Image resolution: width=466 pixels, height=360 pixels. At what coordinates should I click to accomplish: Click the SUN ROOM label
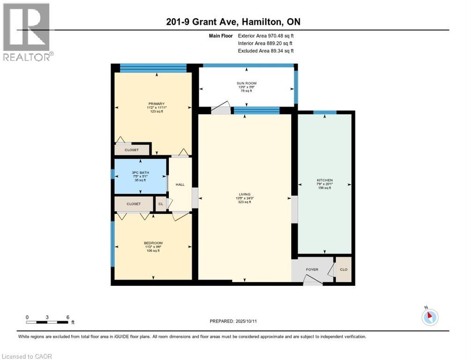pos(247,83)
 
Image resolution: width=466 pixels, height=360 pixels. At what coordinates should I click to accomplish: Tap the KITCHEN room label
pos(325,180)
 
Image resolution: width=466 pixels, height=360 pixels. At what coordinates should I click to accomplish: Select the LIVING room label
pos(244,195)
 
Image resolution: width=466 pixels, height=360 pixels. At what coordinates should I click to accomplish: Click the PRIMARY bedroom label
pos(156,104)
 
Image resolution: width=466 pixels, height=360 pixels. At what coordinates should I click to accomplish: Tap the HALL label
pos(180,184)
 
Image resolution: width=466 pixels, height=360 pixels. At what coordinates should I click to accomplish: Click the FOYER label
pos(312,270)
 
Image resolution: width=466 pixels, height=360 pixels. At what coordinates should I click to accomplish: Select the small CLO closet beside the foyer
pos(344,270)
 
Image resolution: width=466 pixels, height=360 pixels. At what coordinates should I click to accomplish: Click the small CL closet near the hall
pos(161,204)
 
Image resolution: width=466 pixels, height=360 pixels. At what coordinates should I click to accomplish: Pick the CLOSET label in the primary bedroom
pos(132,150)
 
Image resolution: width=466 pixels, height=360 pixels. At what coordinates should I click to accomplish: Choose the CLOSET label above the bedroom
pos(134,204)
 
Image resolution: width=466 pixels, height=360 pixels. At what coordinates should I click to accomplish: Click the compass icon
pos(430,317)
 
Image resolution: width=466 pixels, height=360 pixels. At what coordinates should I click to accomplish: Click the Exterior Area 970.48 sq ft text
pos(266,36)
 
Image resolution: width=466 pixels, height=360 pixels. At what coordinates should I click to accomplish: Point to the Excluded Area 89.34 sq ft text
pos(266,51)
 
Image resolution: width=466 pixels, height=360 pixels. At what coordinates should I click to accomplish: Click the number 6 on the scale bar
pos(68,317)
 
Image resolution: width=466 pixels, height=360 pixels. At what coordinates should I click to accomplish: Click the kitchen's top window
pos(325,112)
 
